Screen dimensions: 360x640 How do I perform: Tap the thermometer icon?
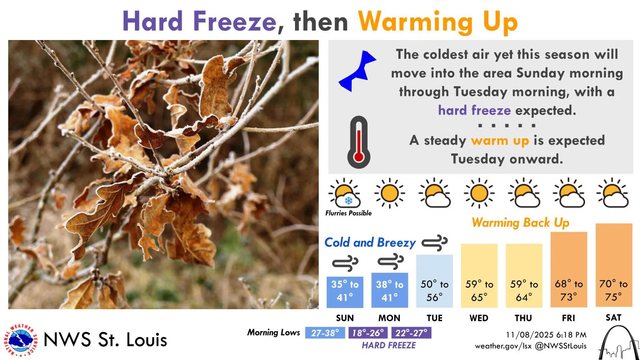coord(358,142)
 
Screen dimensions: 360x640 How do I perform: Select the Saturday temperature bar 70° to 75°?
coord(614,266)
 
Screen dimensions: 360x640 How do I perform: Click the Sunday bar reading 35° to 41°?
coord(345,292)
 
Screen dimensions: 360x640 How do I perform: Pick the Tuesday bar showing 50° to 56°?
coord(434,281)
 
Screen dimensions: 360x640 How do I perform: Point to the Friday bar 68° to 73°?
coord(569,270)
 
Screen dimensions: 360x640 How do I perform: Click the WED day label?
coord(479,318)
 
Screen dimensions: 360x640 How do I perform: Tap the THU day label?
coord(523,318)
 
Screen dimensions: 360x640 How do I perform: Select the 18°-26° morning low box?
coord(368,333)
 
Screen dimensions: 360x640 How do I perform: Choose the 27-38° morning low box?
coord(325,333)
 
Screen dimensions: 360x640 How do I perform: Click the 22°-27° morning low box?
coord(411,333)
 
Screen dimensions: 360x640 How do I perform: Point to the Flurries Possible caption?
coord(348,213)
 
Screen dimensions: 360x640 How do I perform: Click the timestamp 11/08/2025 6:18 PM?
coord(546,335)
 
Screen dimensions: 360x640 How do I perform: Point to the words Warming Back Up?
coord(520,223)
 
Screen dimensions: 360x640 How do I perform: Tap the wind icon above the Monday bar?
coord(390,262)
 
